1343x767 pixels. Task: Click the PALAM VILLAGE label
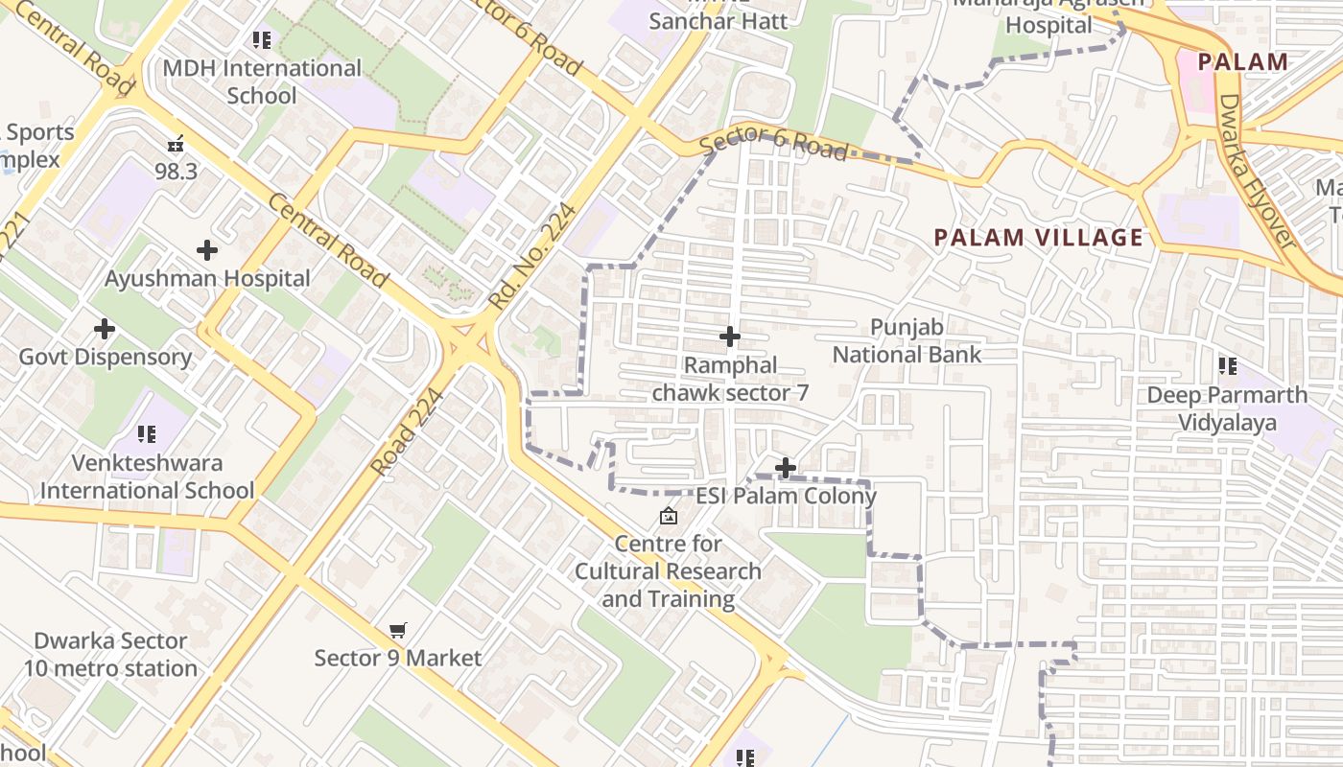click(1039, 238)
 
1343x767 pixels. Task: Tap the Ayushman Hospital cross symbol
click(206, 251)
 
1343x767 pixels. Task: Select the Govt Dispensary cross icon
click(105, 330)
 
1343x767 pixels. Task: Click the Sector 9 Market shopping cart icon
click(398, 631)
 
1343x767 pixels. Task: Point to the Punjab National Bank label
click(907, 341)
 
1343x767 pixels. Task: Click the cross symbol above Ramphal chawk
click(730, 337)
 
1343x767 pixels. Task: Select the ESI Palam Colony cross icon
click(786, 468)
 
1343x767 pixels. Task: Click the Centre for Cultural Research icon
click(669, 517)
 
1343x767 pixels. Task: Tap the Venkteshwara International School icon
click(147, 434)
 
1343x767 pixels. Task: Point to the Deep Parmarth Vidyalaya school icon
click(1227, 366)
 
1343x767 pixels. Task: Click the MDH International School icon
click(262, 40)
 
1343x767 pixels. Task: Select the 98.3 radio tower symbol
click(176, 145)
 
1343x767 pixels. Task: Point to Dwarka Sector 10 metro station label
click(110, 655)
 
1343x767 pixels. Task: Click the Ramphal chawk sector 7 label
click(730, 380)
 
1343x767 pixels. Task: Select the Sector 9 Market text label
click(398, 659)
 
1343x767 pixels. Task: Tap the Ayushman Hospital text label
click(207, 279)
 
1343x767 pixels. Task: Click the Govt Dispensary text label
click(106, 358)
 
